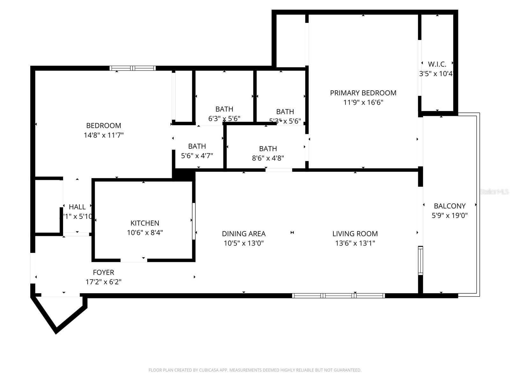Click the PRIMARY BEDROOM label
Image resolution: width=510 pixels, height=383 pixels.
pyautogui.click(x=363, y=93)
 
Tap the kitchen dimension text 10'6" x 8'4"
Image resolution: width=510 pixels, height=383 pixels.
pyautogui.click(x=145, y=233)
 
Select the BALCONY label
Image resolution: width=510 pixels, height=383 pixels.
pyautogui.click(x=449, y=206)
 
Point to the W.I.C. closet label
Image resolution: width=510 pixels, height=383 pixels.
pyautogui.click(x=437, y=64)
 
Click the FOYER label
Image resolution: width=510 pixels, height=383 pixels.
pyautogui.click(x=103, y=272)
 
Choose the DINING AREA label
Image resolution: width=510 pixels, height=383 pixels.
pyautogui.click(x=244, y=234)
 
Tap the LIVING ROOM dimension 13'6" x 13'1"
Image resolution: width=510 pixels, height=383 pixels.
pyautogui.click(x=355, y=243)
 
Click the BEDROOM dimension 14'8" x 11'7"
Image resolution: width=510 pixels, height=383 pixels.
pyautogui.click(x=103, y=135)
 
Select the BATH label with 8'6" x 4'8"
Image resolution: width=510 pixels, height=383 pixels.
pyautogui.click(x=268, y=149)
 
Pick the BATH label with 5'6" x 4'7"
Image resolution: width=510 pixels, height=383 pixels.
pyautogui.click(x=197, y=146)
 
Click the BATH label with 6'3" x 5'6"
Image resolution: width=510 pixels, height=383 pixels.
pyautogui.click(x=224, y=109)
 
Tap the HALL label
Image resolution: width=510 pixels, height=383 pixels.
pyautogui.click(x=77, y=207)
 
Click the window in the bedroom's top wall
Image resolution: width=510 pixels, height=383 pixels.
pyautogui.click(x=133, y=68)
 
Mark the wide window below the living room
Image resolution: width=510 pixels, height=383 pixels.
pyautogui.click(x=339, y=296)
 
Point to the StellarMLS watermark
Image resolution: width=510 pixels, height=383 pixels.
pyautogui.click(x=494, y=192)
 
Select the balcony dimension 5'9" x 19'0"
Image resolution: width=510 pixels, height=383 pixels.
pyautogui.click(x=449, y=215)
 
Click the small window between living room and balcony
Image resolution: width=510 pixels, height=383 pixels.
pyautogui.click(x=420, y=260)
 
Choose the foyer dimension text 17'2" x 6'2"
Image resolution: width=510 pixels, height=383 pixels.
pyautogui.click(x=103, y=282)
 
